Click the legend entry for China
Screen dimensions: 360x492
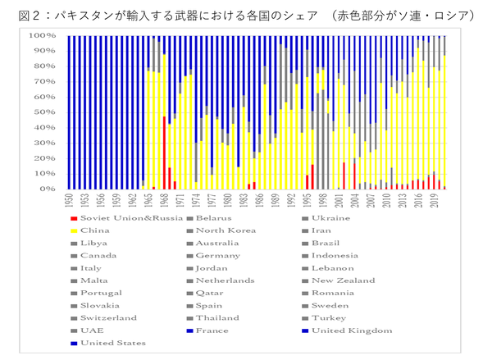[97, 230]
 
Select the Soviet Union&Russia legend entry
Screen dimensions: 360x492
[123, 217]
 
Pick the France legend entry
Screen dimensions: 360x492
[212, 330]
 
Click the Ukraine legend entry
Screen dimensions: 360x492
[330, 217]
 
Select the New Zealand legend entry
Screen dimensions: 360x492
[340, 280]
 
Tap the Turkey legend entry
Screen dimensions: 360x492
[328, 317]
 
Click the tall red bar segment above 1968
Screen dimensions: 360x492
[164, 152]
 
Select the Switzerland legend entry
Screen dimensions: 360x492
[107, 317]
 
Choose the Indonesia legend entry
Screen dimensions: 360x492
[336, 255]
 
